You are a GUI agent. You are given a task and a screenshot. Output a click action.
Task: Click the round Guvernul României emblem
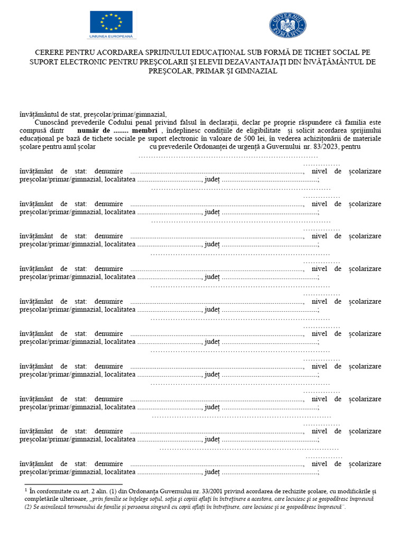coord(288,25)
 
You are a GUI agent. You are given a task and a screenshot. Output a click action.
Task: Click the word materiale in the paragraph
coord(366,138)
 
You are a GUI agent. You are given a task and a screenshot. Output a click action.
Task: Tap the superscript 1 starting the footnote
coord(26,490)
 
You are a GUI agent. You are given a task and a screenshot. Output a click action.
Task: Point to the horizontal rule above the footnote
coord(73,484)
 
